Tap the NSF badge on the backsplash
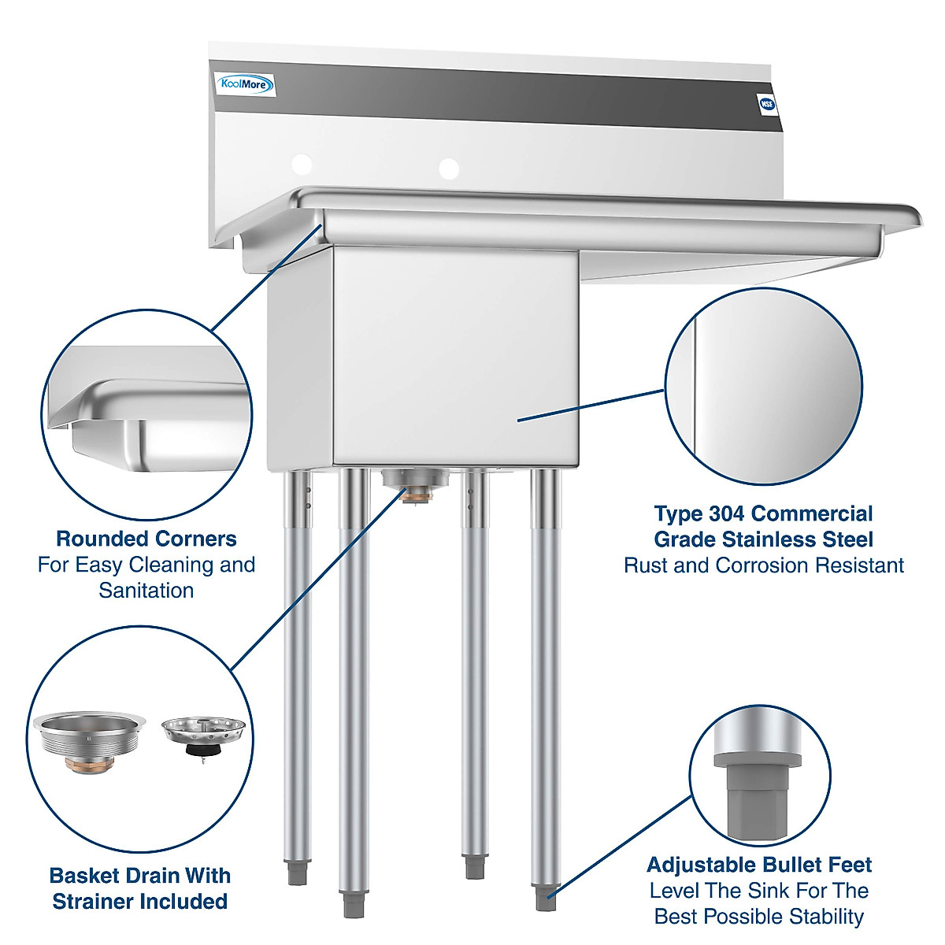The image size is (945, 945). tap(765, 103)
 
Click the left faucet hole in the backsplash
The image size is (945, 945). tap(302, 164)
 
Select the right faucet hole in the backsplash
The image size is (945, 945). tap(449, 168)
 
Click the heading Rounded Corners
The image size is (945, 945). tap(146, 539)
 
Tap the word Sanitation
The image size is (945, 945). tap(146, 591)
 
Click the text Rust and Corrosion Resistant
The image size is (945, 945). tap(763, 565)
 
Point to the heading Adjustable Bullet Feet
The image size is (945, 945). tap(759, 865)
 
